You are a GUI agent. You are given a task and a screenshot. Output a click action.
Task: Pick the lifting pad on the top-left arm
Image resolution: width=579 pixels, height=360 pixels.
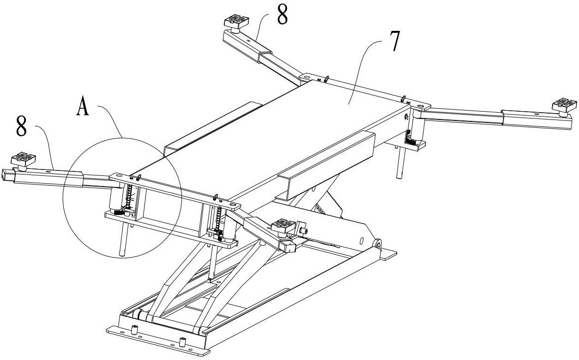237,21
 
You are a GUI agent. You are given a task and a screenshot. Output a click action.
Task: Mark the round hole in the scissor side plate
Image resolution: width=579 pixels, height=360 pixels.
362,241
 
